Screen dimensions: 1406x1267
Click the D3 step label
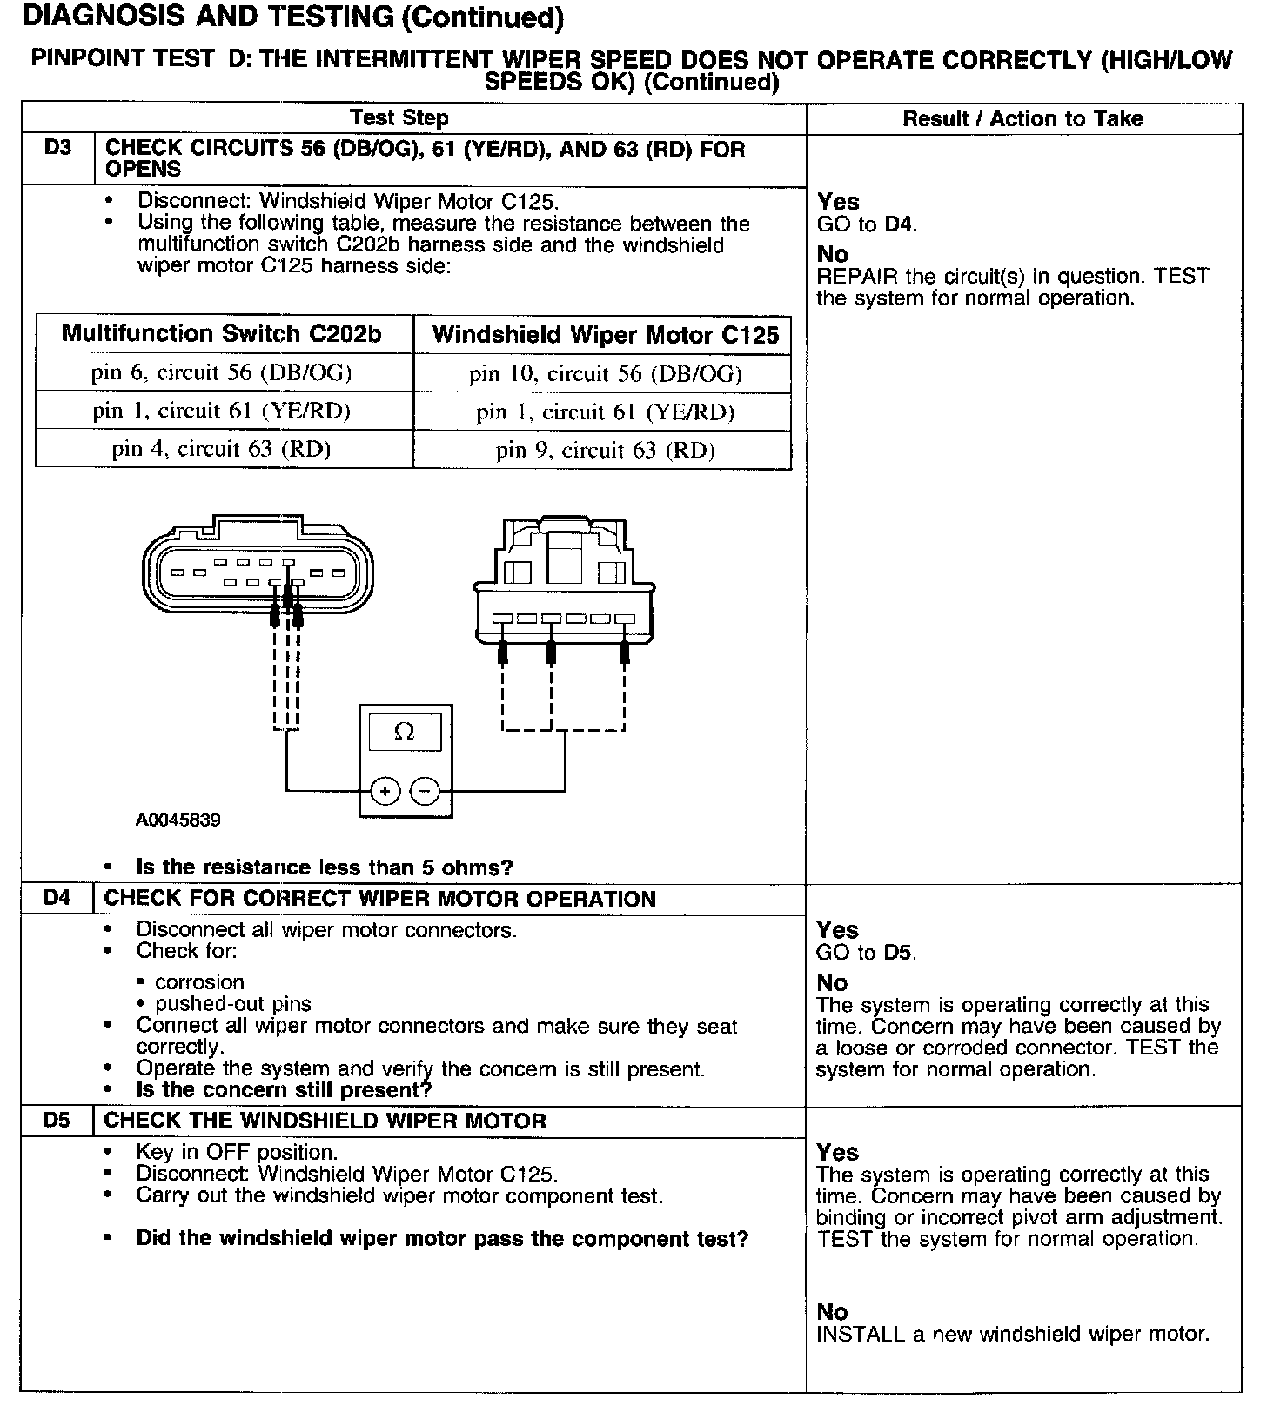pyautogui.click(x=57, y=149)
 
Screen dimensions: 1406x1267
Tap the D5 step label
pyautogui.click(x=57, y=1120)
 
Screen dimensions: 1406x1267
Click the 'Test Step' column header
pyautogui.click(x=399, y=118)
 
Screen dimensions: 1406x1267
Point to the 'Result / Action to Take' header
pyautogui.click(x=1022, y=119)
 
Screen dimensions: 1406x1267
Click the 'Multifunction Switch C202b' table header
pyautogui.click(x=222, y=334)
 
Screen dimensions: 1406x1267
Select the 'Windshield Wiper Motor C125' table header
pyautogui.click(x=605, y=336)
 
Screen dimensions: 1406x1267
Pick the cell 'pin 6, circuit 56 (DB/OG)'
pyautogui.click(x=222, y=372)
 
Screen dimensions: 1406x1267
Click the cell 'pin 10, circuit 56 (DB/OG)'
pyautogui.click(x=605, y=374)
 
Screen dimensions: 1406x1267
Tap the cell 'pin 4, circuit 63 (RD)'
pyautogui.click(x=222, y=449)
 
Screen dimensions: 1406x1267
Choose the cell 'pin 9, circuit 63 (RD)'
pyautogui.click(x=605, y=450)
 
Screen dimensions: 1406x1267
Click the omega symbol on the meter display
pyautogui.click(x=404, y=732)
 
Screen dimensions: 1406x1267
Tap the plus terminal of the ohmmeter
pyautogui.click(x=385, y=791)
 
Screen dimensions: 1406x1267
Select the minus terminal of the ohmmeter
pyautogui.click(x=425, y=791)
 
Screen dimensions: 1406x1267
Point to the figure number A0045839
pyautogui.click(x=178, y=820)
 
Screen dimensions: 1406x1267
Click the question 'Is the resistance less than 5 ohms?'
pyautogui.click(x=325, y=867)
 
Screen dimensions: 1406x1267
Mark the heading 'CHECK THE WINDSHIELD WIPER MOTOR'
pyautogui.click(x=325, y=1121)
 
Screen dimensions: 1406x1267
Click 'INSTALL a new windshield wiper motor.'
pyautogui.click(x=1013, y=1334)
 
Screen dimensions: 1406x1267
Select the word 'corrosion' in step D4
pyautogui.click(x=199, y=982)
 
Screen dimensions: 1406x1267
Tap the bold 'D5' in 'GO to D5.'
pyautogui.click(x=899, y=952)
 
